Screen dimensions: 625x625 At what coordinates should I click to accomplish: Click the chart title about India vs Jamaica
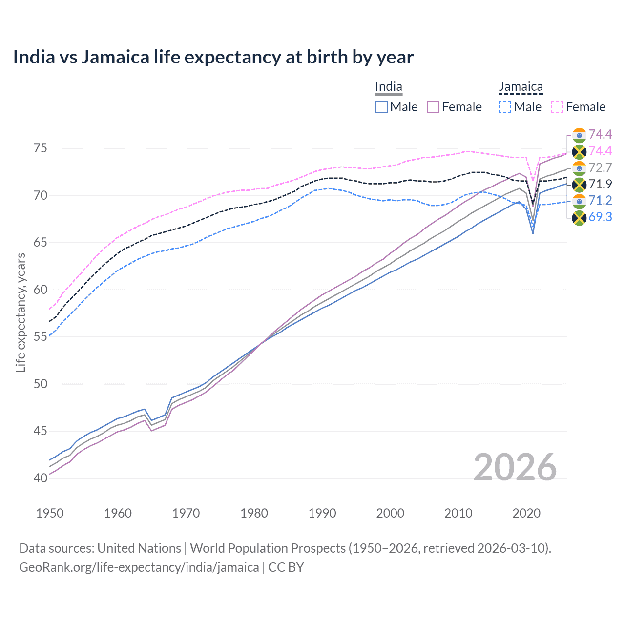click(x=213, y=57)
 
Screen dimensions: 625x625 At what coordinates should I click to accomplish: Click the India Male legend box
click(x=381, y=107)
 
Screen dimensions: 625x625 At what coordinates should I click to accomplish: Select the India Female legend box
click(x=433, y=107)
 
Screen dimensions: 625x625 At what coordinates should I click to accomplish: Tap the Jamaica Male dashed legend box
click(x=505, y=107)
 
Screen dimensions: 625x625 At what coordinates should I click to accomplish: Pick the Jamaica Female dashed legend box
click(x=557, y=107)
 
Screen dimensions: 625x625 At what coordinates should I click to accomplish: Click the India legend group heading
click(x=389, y=87)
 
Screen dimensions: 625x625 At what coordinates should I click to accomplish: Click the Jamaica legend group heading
click(x=521, y=87)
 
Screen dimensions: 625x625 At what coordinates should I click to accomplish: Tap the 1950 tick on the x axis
click(x=50, y=513)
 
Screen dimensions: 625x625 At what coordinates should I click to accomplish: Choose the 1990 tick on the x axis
click(x=322, y=513)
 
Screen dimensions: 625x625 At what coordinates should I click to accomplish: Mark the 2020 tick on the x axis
click(x=526, y=513)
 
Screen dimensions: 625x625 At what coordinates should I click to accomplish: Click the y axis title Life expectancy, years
click(x=21, y=312)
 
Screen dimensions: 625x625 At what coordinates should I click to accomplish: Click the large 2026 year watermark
click(x=515, y=467)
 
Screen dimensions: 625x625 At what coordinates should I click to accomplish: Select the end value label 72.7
click(x=600, y=168)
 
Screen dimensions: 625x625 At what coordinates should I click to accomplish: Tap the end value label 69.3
click(x=600, y=217)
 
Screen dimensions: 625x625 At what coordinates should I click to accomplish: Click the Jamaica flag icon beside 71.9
click(x=579, y=185)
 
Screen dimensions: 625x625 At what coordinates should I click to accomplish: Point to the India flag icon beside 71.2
click(x=579, y=201)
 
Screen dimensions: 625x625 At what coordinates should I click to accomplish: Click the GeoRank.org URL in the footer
click(x=139, y=567)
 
